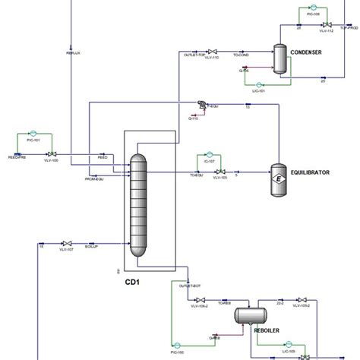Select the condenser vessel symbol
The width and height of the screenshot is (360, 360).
(279, 58)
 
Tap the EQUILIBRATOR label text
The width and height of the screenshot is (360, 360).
(311, 172)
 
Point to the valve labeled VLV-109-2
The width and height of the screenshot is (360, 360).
(302, 300)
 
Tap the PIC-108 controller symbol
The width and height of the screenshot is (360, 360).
(313, 8)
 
